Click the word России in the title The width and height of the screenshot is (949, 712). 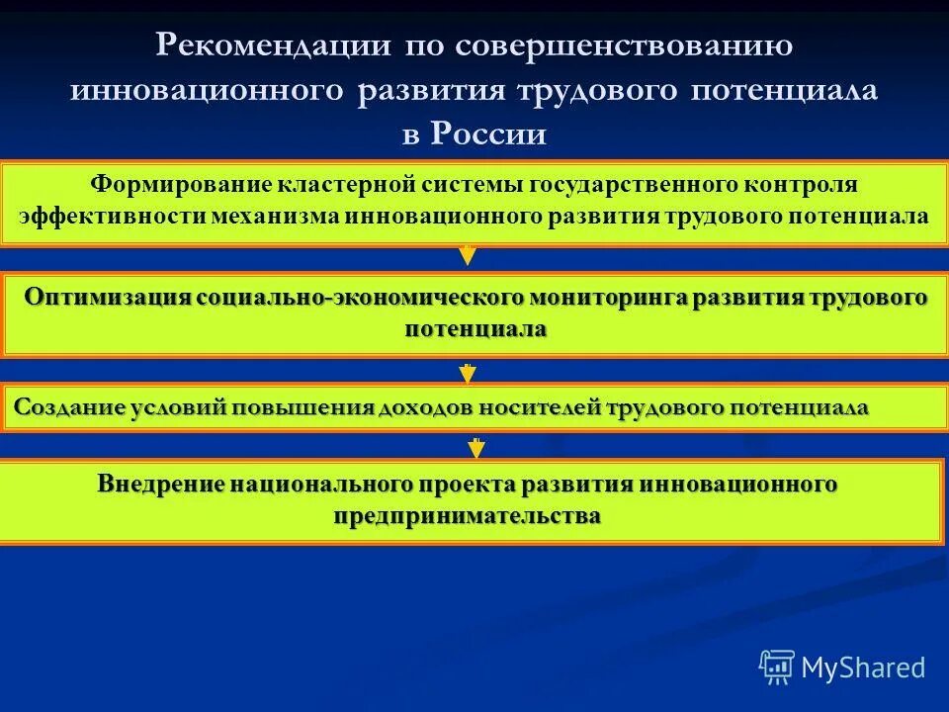pyautogui.click(x=488, y=134)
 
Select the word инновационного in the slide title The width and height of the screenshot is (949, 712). pyautogui.click(x=208, y=90)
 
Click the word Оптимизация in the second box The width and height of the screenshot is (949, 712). pyautogui.click(x=109, y=298)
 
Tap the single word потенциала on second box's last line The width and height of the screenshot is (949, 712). pyautogui.click(x=474, y=329)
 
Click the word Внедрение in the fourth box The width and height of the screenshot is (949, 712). pyautogui.click(x=161, y=485)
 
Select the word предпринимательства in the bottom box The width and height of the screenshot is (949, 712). pyautogui.click(x=467, y=516)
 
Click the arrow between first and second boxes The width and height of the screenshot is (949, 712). pyautogui.click(x=468, y=255)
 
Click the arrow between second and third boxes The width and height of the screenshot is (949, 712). pyautogui.click(x=468, y=374)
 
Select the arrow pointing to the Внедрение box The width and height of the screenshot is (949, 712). pyautogui.click(x=475, y=448)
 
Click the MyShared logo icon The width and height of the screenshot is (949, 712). pyautogui.click(x=776, y=667)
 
